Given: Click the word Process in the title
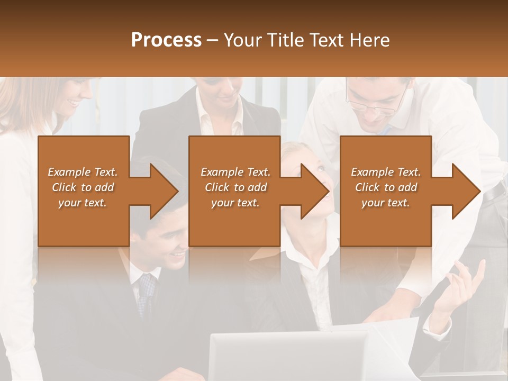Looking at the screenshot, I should click(x=166, y=40).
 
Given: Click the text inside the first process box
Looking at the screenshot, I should click(x=83, y=187).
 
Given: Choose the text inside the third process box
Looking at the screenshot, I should click(x=386, y=187).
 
